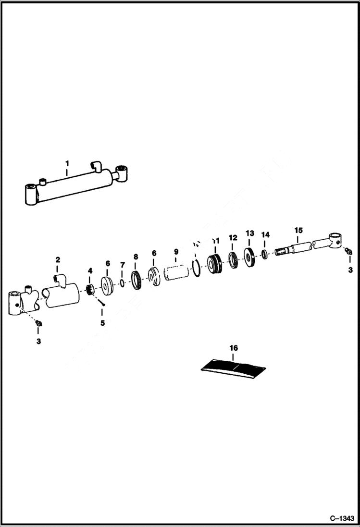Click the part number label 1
point(67,164)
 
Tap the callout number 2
point(58,260)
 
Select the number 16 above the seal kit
point(234,347)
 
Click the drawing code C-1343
point(342,519)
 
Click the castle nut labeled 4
point(89,290)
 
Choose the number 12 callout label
point(233,237)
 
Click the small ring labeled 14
point(265,253)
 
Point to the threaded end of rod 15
point(282,251)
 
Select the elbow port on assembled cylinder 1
point(97,166)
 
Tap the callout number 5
point(102,323)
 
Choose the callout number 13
point(250,233)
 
